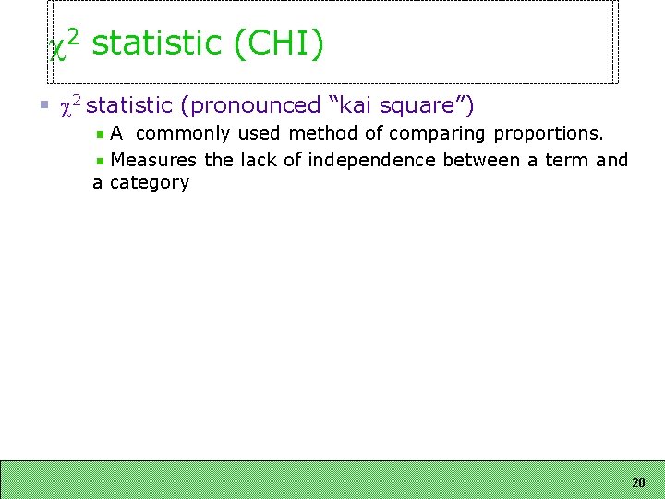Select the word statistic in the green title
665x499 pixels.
(x=156, y=43)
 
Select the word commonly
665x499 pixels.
(x=182, y=134)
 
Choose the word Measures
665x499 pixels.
(x=153, y=160)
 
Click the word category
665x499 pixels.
(x=149, y=183)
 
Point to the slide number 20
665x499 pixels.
(x=638, y=482)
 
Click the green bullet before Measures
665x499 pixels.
(x=101, y=161)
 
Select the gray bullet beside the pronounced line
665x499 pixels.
(x=42, y=107)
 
